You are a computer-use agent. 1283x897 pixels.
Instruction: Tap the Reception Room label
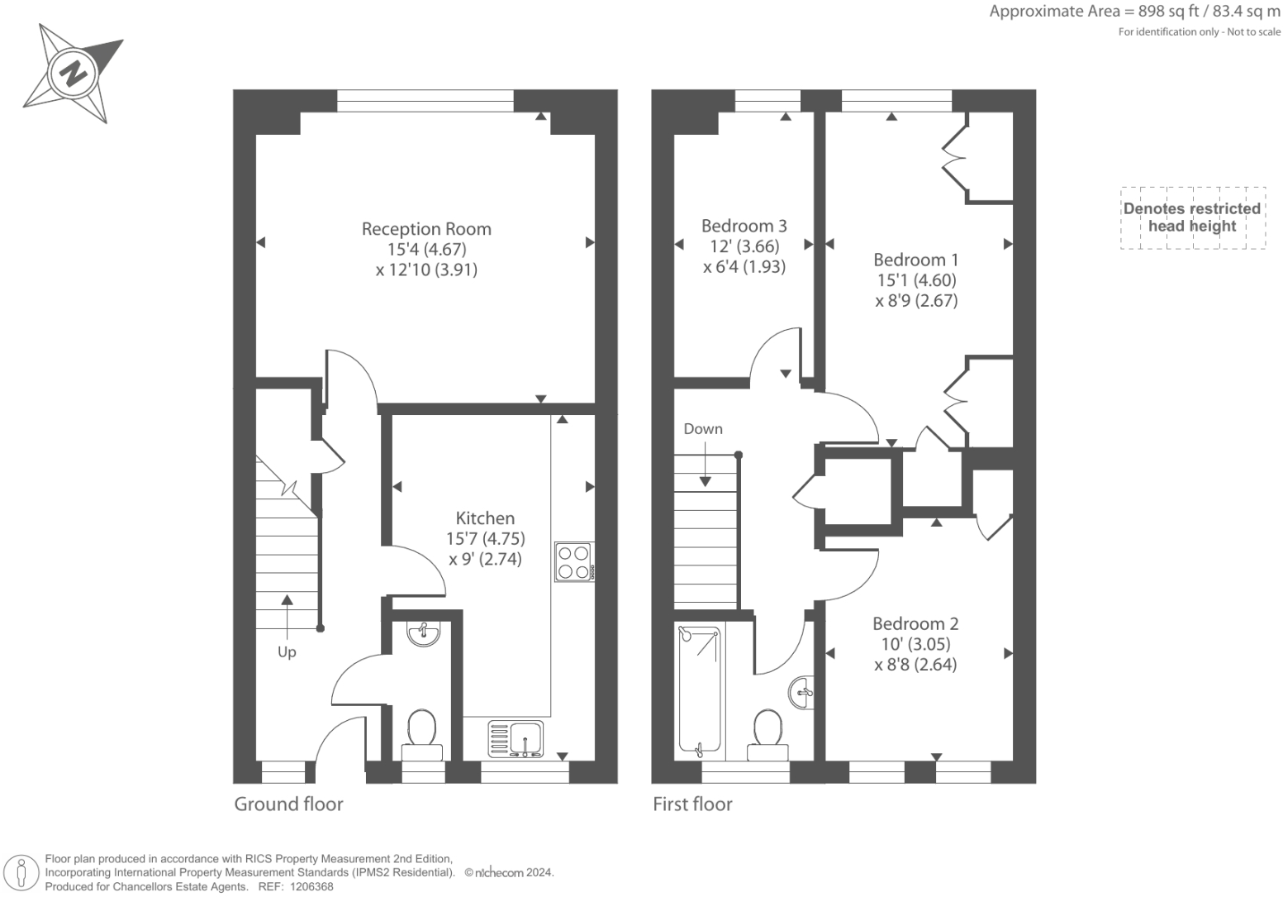[x=426, y=229]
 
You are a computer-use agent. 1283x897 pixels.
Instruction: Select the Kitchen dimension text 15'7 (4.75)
[x=486, y=538]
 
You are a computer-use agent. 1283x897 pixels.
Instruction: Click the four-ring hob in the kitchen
[x=573, y=561]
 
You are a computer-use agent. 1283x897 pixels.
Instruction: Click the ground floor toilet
[x=422, y=732]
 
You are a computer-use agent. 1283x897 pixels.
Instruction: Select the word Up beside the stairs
[x=287, y=652]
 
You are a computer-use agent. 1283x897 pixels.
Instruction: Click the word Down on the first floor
[x=703, y=429]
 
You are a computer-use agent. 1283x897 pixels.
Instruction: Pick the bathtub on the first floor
[x=699, y=690]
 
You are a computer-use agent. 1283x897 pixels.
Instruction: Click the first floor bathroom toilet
[x=768, y=732]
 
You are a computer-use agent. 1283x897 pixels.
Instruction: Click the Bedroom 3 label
[x=744, y=226]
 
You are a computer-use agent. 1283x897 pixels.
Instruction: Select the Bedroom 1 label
[x=915, y=260]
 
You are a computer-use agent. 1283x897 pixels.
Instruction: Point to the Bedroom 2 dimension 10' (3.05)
[x=915, y=644]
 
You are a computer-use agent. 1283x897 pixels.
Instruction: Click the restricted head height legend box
[x=1192, y=217]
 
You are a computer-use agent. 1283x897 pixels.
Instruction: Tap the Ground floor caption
[x=288, y=804]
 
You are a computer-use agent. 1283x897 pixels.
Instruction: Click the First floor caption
[x=692, y=804]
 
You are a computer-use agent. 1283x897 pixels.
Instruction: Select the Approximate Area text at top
[x=1134, y=12]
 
